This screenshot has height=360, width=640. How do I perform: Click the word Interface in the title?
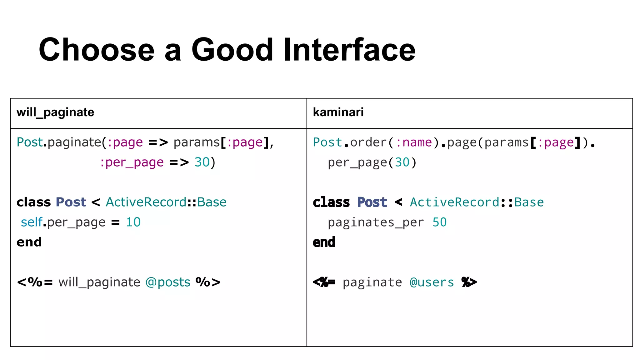tap(349, 50)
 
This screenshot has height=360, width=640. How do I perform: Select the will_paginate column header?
tap(55, 112)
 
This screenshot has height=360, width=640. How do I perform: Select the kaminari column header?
tap(338, 112)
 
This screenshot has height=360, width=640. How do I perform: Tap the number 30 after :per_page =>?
tap(202, 162)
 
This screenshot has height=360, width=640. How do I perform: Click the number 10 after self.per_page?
tap(133, 222)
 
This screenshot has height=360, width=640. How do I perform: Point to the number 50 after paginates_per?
tap(439, 222)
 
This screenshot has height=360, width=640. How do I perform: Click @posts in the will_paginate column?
tap(168, 282)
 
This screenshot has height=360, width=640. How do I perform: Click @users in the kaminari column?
tap(432, 282)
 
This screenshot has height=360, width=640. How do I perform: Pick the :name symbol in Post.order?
tap(414, 142)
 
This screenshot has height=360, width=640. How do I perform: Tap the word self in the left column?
tap(31, 222)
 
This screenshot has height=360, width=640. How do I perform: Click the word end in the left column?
tap(29, 242)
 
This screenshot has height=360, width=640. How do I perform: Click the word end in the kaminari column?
tap(324, 242)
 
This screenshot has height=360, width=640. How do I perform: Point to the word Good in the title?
tap(232, 50)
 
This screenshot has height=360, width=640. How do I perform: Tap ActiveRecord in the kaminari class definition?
tap(455, 202)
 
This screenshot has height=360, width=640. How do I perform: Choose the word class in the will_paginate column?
tap(33, 202)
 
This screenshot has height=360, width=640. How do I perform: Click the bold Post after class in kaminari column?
tap(372, 202)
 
